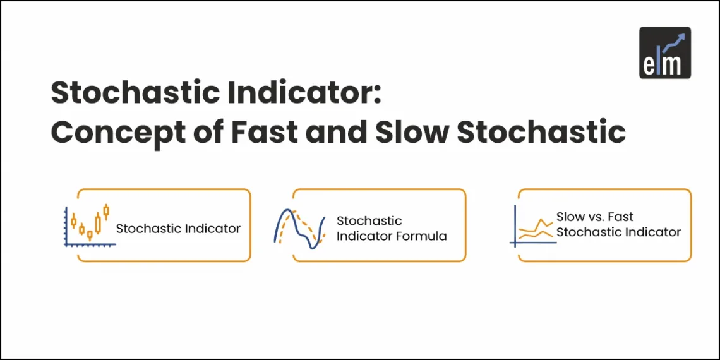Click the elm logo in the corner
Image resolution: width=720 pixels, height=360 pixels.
tap(664, 52)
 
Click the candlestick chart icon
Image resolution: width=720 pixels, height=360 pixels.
tap(89, 225)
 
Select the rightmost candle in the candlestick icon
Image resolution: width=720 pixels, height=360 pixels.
tap(106, 212)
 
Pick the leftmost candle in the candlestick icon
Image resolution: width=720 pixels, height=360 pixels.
tap(73, 221)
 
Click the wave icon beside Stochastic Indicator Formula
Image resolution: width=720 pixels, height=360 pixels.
tap(300, 229)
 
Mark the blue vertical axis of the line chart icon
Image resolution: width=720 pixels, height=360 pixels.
tap(516, 224)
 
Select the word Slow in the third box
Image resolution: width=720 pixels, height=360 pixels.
tap(570, 217)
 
